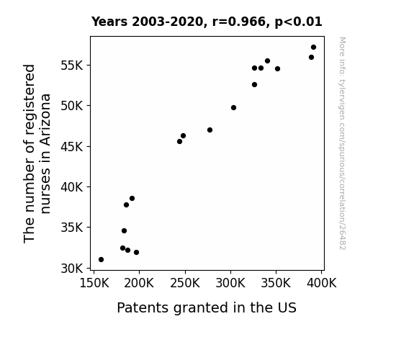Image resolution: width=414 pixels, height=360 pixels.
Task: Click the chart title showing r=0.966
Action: click(x=207, y=22)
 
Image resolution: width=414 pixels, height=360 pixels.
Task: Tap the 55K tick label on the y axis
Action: click(x=72, y=66)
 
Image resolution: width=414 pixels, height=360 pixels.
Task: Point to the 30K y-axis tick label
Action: click(x=72, y=269)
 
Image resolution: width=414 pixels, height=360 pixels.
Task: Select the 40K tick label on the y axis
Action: click(x=72, y=187)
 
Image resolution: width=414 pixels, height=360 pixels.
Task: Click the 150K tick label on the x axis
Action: click(x=94, y=283)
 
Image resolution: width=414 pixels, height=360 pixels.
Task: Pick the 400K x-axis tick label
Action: click(x=322, y=283)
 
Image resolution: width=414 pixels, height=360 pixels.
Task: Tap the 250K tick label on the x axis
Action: click(x=185, y=283)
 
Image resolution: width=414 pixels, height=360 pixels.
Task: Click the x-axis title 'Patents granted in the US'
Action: click(x=207, y=307)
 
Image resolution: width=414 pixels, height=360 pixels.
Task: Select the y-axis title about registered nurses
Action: click(x=37, y=153)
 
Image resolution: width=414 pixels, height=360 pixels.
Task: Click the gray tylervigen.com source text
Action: click(x=342, y=143)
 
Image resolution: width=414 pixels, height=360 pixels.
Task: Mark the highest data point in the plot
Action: click(x=313, y=48)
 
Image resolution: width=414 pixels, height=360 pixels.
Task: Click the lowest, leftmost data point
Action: click(x=101, y=260)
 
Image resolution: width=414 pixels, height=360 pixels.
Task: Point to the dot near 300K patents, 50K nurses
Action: click(x=234, y=108)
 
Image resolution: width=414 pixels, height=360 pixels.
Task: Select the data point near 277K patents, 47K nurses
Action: click(x=210, y=130)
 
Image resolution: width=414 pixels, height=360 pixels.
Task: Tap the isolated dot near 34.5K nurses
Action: click(x=124, y=231)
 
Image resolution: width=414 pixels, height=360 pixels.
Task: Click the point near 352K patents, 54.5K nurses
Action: click(x=277, y=69)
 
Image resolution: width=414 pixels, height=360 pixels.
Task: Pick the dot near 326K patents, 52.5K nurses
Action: click(x=255, y=85)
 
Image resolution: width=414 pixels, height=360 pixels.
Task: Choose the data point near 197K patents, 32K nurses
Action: click(x=137, y=253)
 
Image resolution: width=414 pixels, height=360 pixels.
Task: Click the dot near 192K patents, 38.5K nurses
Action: click(x=132, y=198)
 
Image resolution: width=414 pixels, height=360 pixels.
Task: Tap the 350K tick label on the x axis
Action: click(x=276, y=283)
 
